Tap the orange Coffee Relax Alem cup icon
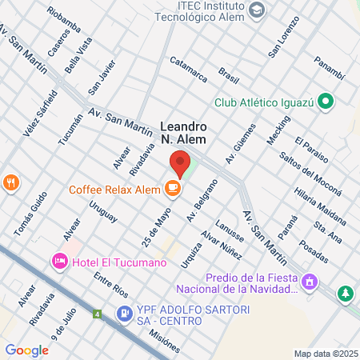(x=172, y=189)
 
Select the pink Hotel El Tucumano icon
(x=58, y=262)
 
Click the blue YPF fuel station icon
(x=125, y=314)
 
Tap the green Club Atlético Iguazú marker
(x=325, y=102)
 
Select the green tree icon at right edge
(x=346, y=294)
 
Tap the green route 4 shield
(x=98, y=314)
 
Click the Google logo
(x=26, y=350)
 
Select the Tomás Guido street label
(x=26, y=216)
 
